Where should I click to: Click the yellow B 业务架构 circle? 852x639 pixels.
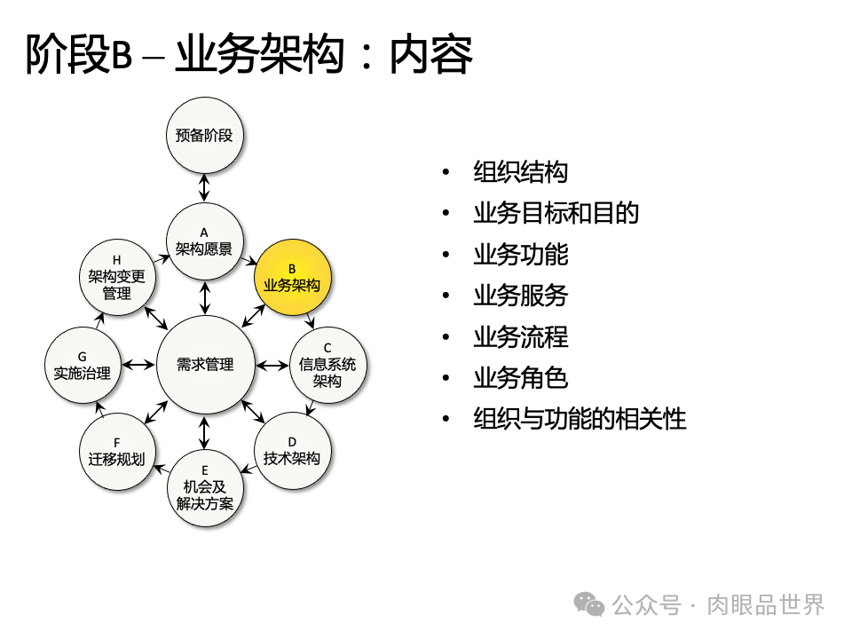(x=292, y=278)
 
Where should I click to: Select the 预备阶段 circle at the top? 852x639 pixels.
(x=204, y=136)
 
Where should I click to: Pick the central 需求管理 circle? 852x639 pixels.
(x=205, y=365)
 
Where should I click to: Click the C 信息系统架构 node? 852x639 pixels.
(x=327, y=365)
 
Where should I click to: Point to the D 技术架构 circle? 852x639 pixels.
(x=292, y=450)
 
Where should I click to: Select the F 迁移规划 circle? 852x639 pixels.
(x=117, y=450)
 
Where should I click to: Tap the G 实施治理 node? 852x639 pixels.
(x=82, y=365)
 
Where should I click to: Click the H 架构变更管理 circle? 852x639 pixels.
(x=117, y=278)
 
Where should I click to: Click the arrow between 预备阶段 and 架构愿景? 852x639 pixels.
(x=204, y=188)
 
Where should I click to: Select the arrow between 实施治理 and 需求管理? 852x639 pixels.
(x=138, y=365)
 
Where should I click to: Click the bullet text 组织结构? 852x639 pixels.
(x=520, y=172)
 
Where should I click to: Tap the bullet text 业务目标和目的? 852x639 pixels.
(x=556, y=213)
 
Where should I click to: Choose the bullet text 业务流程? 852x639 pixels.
(x=520, y=337)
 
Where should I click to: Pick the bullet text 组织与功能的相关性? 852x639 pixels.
(x=580, y=419)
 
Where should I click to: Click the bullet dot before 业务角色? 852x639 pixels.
(x=446, y=378)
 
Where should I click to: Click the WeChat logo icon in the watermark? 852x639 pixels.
(x=589, y=604)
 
